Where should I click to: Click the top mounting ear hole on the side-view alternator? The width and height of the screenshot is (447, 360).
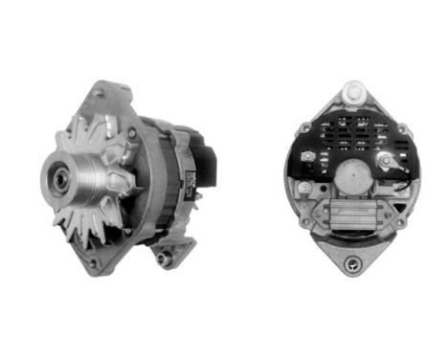pyautogui.click(x=101, y=94)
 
